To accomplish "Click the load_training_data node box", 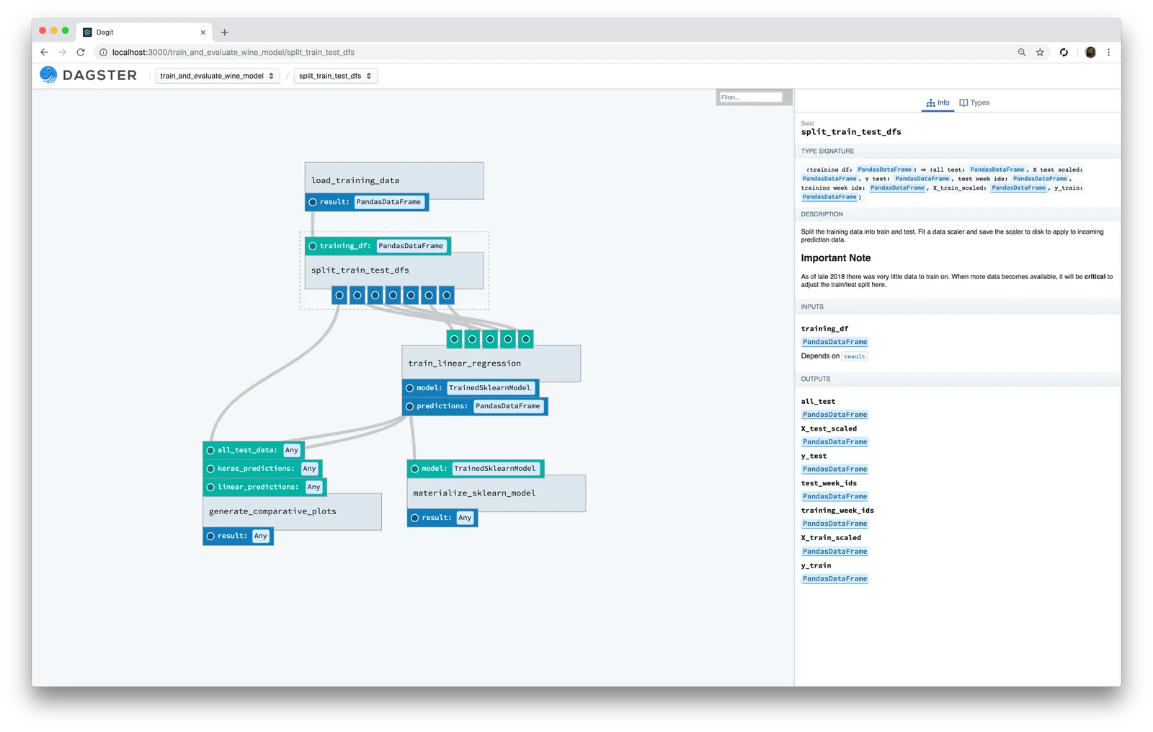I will [393, 180].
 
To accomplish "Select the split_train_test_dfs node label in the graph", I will [360, 270].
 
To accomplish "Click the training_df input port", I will [313, 246].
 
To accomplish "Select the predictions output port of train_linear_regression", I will [410, 407].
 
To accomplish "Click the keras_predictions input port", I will [211, 469].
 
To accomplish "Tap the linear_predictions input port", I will [211, 488].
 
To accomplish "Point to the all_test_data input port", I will [211, 450].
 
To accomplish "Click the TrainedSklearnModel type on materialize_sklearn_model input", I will [494, 469].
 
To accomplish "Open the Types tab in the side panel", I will [974, 103].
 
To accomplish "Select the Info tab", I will [938, 103].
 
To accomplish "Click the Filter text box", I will [749, 97].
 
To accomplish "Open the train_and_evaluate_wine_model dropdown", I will [217, 76].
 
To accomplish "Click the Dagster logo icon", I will [48, 75].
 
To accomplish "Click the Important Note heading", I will [836, 258].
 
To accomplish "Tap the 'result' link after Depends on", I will [855, 356].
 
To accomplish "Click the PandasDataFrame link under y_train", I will [834, 579].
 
